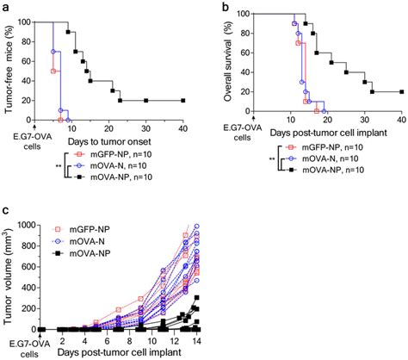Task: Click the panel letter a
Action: tap(5, 7)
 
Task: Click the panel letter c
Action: tap(5, 211)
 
